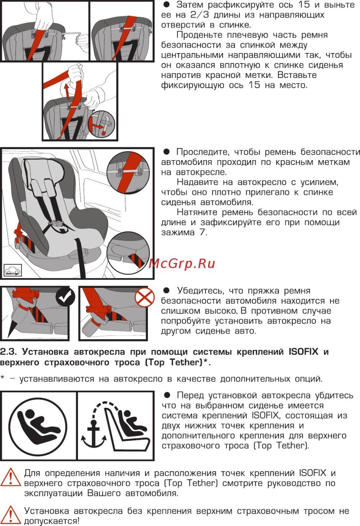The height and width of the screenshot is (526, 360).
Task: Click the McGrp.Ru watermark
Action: pos(182,263)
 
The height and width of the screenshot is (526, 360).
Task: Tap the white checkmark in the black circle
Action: pos(66,297)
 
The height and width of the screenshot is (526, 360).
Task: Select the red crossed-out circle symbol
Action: pos(144,297)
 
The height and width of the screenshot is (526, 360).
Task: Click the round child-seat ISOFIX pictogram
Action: pos(38,426)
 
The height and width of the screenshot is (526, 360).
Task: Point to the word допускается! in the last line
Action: pos(51,521)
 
